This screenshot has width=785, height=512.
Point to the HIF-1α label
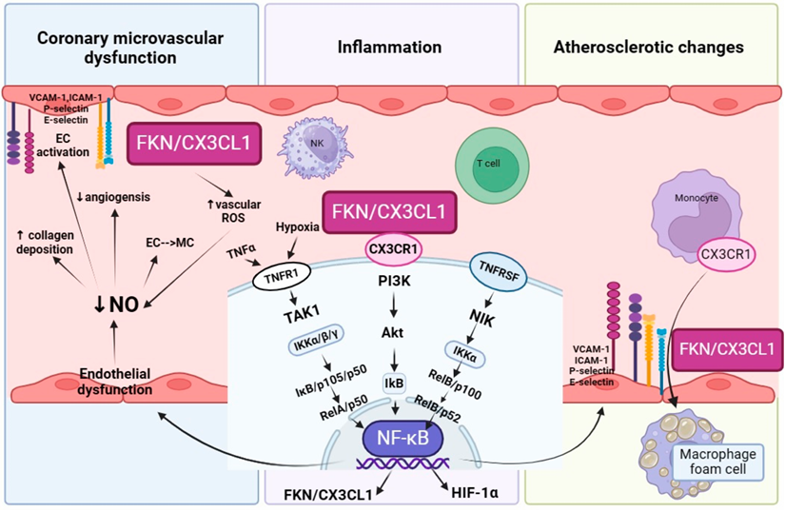(472, 494)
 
